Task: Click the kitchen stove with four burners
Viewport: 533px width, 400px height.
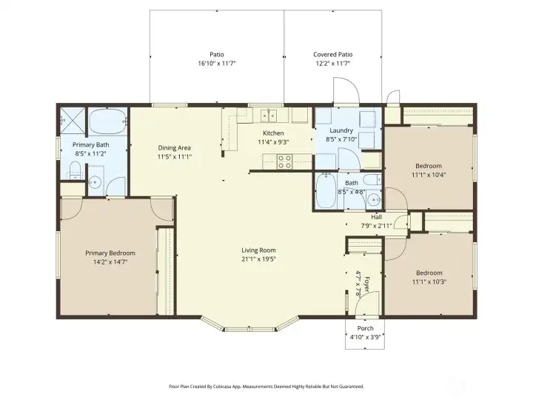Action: pos(285,161)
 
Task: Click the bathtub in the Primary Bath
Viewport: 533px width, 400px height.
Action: pos(107,120)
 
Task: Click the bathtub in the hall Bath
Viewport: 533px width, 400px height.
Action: pos(326,192)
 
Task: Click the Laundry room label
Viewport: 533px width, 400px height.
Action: pos(341,130)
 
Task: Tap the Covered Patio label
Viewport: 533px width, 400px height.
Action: pos(332,54)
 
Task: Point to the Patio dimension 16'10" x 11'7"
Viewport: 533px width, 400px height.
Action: pos(216,64)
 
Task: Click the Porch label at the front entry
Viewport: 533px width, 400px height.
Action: pos(365,328)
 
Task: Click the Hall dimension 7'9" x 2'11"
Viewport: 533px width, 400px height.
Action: pos(375,225)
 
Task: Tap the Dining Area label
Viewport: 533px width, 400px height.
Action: pos(174,147)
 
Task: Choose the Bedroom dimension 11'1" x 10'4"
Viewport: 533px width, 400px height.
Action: pos(429,175)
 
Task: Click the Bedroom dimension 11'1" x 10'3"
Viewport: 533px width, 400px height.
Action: pos(429,281)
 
